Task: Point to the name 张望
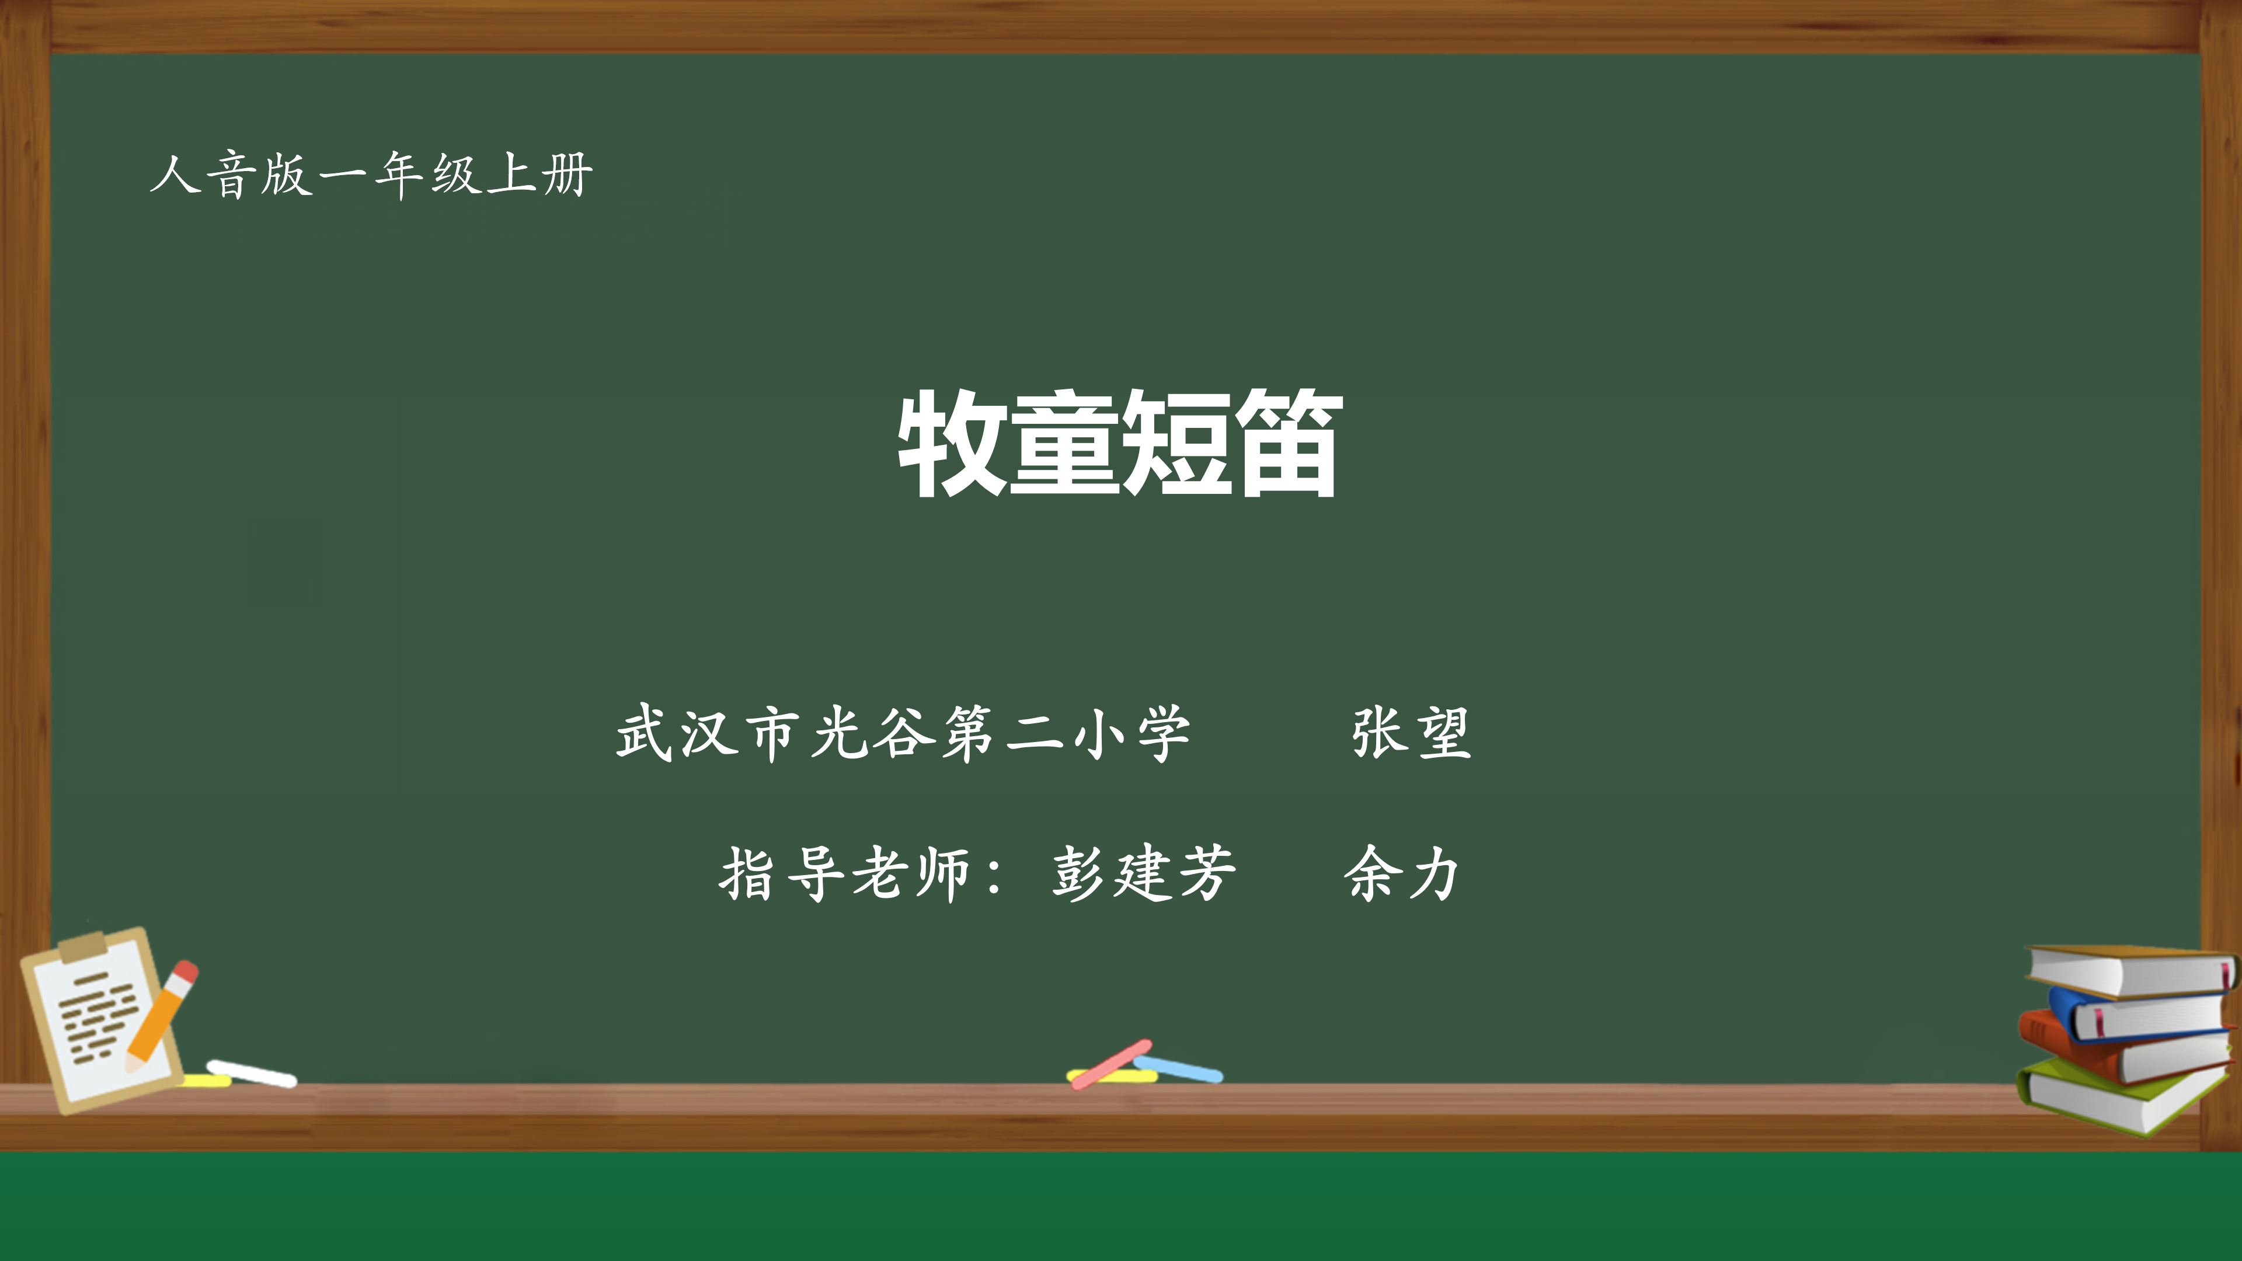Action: (1411, 733)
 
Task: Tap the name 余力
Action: (1401, 873)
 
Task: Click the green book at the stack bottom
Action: (2123, 1096)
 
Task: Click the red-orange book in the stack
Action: (2123, 1048)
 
